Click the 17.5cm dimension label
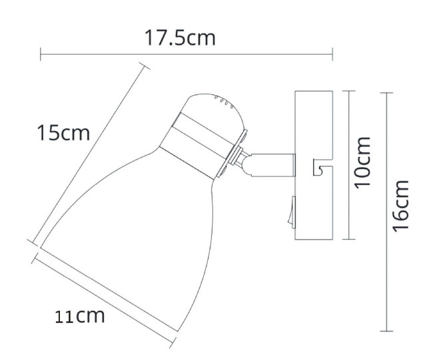click(x=180, y=38)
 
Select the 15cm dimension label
click(x=63, y=133)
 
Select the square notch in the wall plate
click(x=318, y=168)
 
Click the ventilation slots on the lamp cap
click(x=222, y=102)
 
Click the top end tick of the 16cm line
click(x=388, y=93)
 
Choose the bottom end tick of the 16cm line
click(x=388, y=331)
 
